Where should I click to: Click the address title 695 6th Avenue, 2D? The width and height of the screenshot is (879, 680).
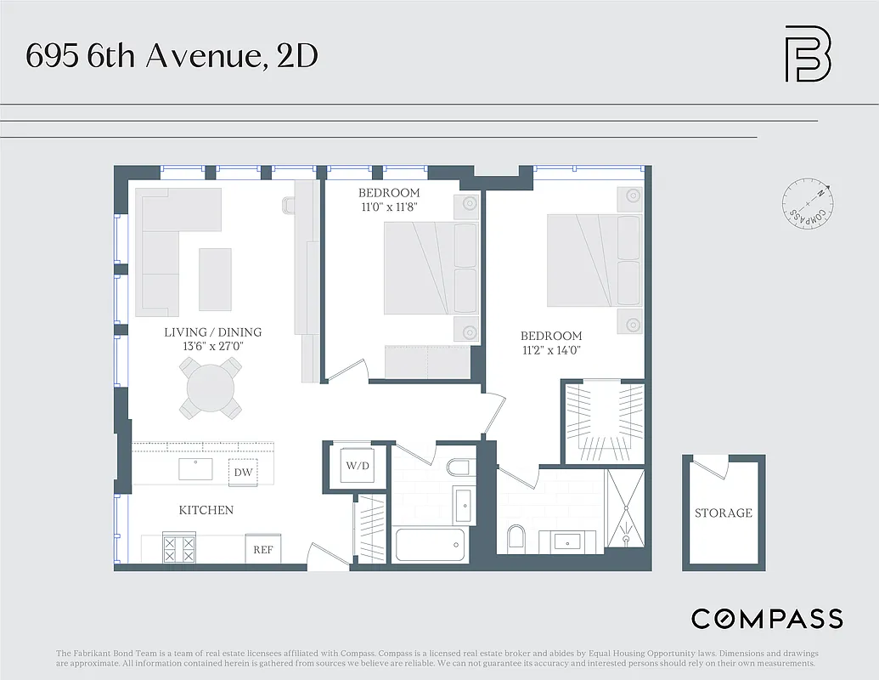tap(172, 57)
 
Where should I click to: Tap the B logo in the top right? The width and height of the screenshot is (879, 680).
tap(808, 54)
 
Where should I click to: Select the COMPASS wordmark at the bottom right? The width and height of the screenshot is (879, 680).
tap(767, 619)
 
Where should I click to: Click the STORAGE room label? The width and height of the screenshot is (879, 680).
tap(724, 513)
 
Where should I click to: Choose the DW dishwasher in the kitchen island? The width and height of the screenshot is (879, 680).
tap(243, 472)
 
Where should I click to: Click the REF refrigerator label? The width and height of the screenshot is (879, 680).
tap(263, 549)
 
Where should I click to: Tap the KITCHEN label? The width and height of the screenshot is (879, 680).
tap(206, 510)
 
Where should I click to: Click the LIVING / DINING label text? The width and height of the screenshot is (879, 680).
tap(212, 332)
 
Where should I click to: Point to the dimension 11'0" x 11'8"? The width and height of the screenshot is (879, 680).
tap(388, 207)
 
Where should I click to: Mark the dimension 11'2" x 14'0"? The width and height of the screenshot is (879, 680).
tap(551, 350)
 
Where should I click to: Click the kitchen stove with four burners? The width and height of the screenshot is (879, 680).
tap(179, 547)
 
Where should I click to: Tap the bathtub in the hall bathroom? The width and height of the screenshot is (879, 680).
tap(431, 544)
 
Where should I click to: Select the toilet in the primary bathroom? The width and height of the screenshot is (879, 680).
tap(515, 537)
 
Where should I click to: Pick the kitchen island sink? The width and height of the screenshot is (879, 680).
tap(196, 469)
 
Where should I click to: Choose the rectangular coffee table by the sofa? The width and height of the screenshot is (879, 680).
tap(215, 279)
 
